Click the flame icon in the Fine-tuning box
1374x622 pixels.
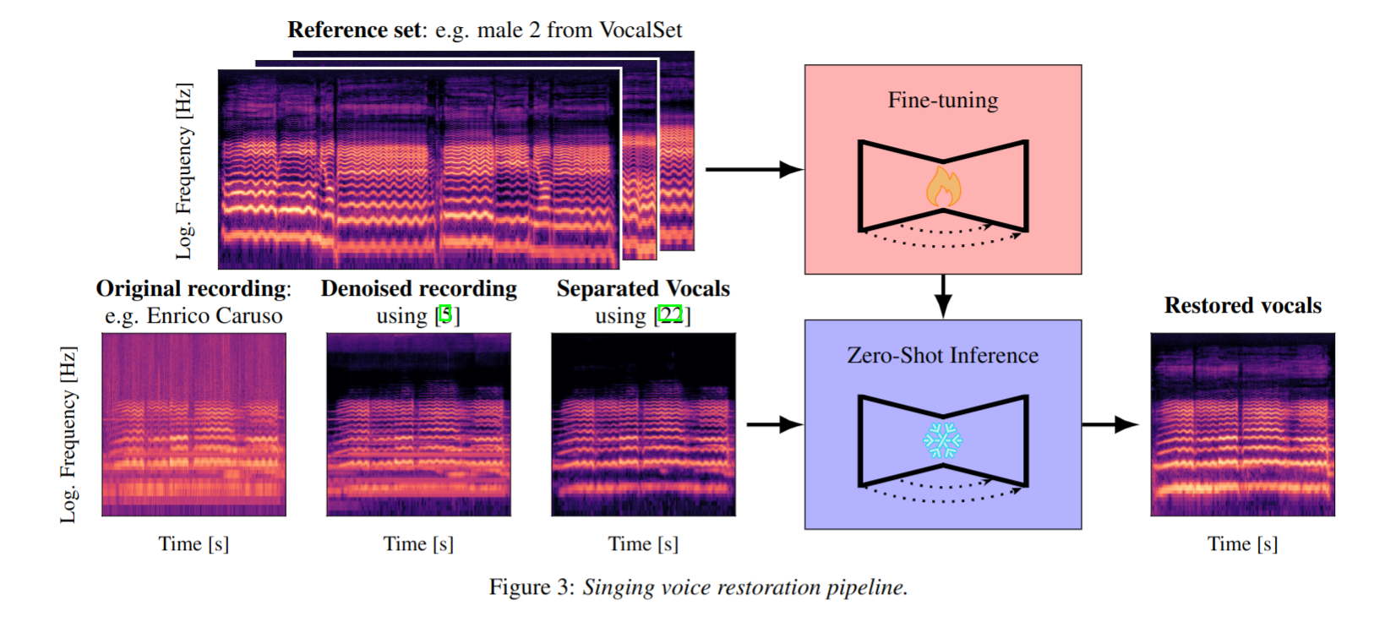pos(943,187)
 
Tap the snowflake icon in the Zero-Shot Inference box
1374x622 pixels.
pos(942,440)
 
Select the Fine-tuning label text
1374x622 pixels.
pos(943,101)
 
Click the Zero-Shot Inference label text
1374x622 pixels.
pos(943,356)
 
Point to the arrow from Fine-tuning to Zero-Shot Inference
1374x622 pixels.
pos(943,296)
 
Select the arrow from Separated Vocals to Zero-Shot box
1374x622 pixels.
pos(774,424)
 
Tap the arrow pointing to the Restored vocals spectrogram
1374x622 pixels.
pos(1110,424)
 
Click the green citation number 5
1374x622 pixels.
pos(446,315)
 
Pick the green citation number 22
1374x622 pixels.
pos(671,315)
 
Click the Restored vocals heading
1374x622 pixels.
pos(1242,306)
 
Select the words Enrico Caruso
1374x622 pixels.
pos(215,316)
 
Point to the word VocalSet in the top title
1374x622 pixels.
pos(641,30)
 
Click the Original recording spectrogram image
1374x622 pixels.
pos(194,424)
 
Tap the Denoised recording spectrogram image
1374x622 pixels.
pos(418,424)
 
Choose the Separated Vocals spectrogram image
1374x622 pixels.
pos(643,424)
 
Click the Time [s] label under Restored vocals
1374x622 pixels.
pos(1242,544)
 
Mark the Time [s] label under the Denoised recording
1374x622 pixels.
pos(418,544)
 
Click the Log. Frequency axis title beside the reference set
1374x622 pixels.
pos(184,171)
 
